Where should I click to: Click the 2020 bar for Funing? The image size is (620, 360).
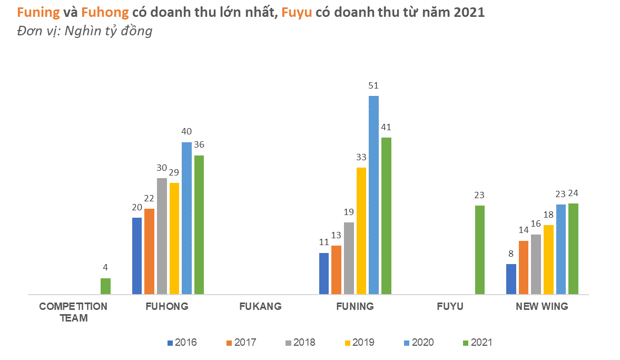click(x=373, y=195)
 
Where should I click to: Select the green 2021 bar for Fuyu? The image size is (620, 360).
click(x=479, y=250)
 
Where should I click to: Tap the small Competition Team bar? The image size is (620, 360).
click(x=105, y=286)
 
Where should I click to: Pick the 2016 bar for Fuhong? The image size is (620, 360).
click(x=137, y=256)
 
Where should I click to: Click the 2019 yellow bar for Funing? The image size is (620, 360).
click(x=361, y=231)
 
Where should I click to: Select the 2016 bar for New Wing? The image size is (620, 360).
click(x=511, y=279)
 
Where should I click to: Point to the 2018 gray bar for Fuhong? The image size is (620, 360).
click(x=162, y=236)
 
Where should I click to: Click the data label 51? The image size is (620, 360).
click(x=373, y=85)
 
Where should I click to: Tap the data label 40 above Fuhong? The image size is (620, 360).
click(x=186, y=132)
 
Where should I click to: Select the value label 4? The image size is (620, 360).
click(x=105, y=268)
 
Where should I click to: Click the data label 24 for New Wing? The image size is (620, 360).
click(x=573, y=193)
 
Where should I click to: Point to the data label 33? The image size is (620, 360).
click(x=361, y=157)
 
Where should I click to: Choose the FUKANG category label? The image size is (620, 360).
click(x=260, y=306)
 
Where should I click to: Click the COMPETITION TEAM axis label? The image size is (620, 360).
click(x=73, y=312)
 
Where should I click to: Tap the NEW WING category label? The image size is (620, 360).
click(x=542, y=306)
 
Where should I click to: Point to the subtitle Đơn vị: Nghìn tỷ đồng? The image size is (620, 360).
click(x=85, y=31)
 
